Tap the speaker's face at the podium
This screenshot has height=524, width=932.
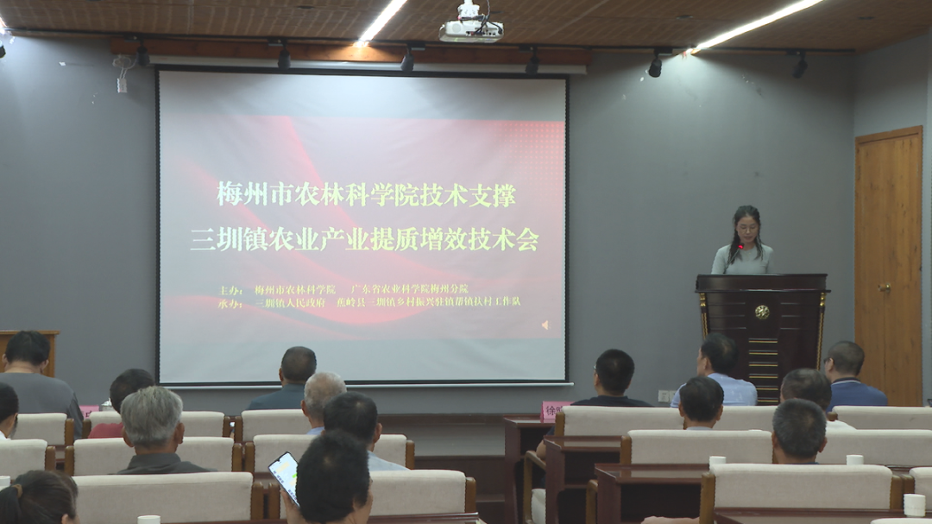[x=746, y=228]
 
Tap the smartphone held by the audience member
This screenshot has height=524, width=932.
[x=284, y=475]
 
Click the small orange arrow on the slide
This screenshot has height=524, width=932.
[x=544, y=325]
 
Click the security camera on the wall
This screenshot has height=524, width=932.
[x=123, y=64]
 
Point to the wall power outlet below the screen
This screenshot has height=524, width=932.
[x=664, y=396]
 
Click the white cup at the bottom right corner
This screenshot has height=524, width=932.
[x=914, y=504]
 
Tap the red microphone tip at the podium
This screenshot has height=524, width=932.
[x=740, y=247]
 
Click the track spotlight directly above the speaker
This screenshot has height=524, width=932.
[x=655, y=66]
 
